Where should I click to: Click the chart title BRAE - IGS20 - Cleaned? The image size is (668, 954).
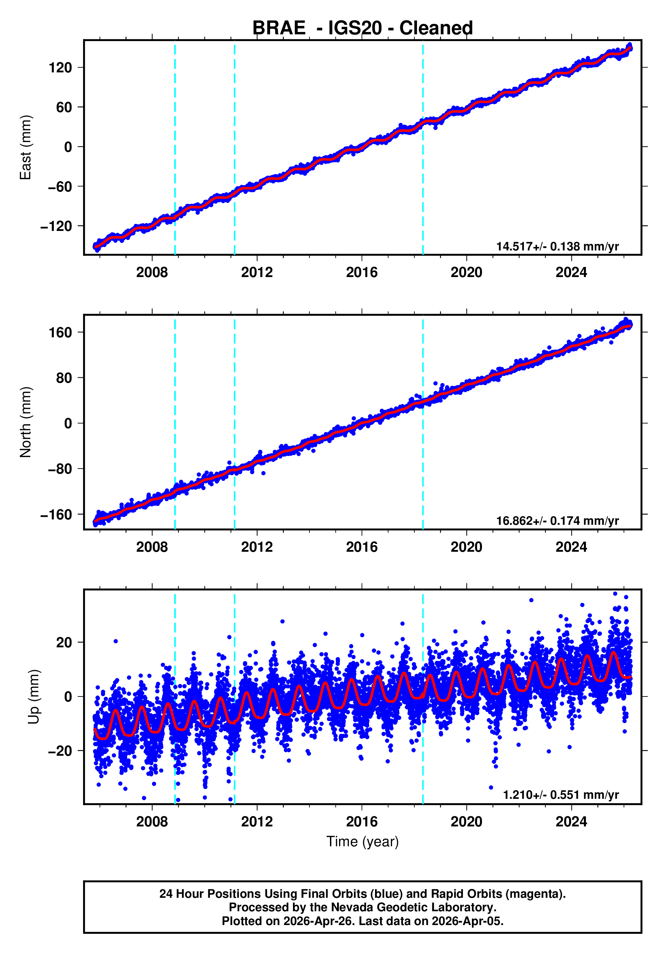coord(363,28)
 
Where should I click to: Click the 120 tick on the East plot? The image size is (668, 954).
coord(60,67)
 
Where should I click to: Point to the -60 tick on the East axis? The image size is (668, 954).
coord(60,186)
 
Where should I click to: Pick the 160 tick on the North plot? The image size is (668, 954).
coord(60,332)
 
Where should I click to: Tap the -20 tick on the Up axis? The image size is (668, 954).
coord(60,751)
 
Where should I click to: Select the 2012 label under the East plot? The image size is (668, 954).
coord(257,273)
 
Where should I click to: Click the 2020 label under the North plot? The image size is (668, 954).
coord(467,547)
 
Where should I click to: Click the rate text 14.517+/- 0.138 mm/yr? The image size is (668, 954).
coord(557,246)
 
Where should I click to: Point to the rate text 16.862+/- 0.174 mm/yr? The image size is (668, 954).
coord(557,521)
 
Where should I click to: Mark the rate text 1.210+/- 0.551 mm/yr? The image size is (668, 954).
coord(560,795)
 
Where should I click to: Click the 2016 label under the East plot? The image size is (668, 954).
coord(362,273)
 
